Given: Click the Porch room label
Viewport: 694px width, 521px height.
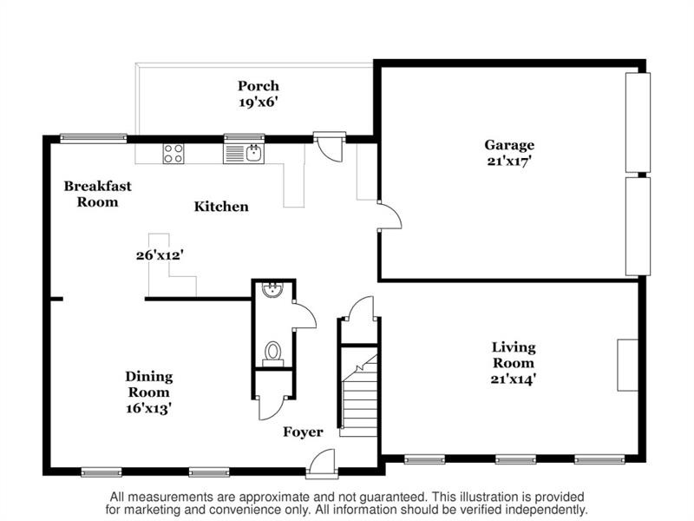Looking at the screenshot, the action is pyautogui.click(x=259, y=86).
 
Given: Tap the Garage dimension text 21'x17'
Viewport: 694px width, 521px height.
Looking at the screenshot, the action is pyautogui.click(x=509, y=161).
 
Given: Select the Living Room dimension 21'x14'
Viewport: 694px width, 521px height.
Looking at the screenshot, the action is pyautogui.click(x=514, y=379).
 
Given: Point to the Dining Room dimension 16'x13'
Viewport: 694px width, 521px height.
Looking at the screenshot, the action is pyautogui.click(x=148, y=407).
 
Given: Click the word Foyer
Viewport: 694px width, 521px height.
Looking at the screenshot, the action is pyautogui.click(x=303, y=432).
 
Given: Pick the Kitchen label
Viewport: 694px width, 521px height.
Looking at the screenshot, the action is pyautogui.click(x=221, y=207).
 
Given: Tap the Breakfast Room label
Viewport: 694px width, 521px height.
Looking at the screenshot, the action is pyautogui.click(x=98, y=194).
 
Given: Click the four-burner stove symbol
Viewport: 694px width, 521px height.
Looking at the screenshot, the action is pyautogui.click(x=173, y=154).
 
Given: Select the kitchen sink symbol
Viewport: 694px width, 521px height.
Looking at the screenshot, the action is pyautogui.click(x=244, y=154).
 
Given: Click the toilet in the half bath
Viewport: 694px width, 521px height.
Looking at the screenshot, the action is pyautogui.click(x=273, y=353).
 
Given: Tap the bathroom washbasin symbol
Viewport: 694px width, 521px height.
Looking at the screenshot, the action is pyautogui.click(x=272, y=290).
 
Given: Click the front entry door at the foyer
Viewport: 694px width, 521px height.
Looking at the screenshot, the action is pyautogui.click(x=322, y=464).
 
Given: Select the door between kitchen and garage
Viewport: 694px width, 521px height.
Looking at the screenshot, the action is pyautogui.click(x=390, y=215).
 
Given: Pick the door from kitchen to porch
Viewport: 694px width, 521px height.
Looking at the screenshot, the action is pyautogui.click(x=330, y=147).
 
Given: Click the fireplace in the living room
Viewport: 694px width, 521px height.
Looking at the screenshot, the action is pyautogui.click(x=627, y=366).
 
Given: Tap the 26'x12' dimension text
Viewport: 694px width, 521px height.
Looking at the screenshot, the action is pyautogui.click(x=160, y=255).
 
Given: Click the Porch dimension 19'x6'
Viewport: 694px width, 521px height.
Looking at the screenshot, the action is pyautogui.click(x=259, y=102).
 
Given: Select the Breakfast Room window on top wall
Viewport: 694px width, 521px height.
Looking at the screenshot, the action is pyautogui.click(x=94, y=139).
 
